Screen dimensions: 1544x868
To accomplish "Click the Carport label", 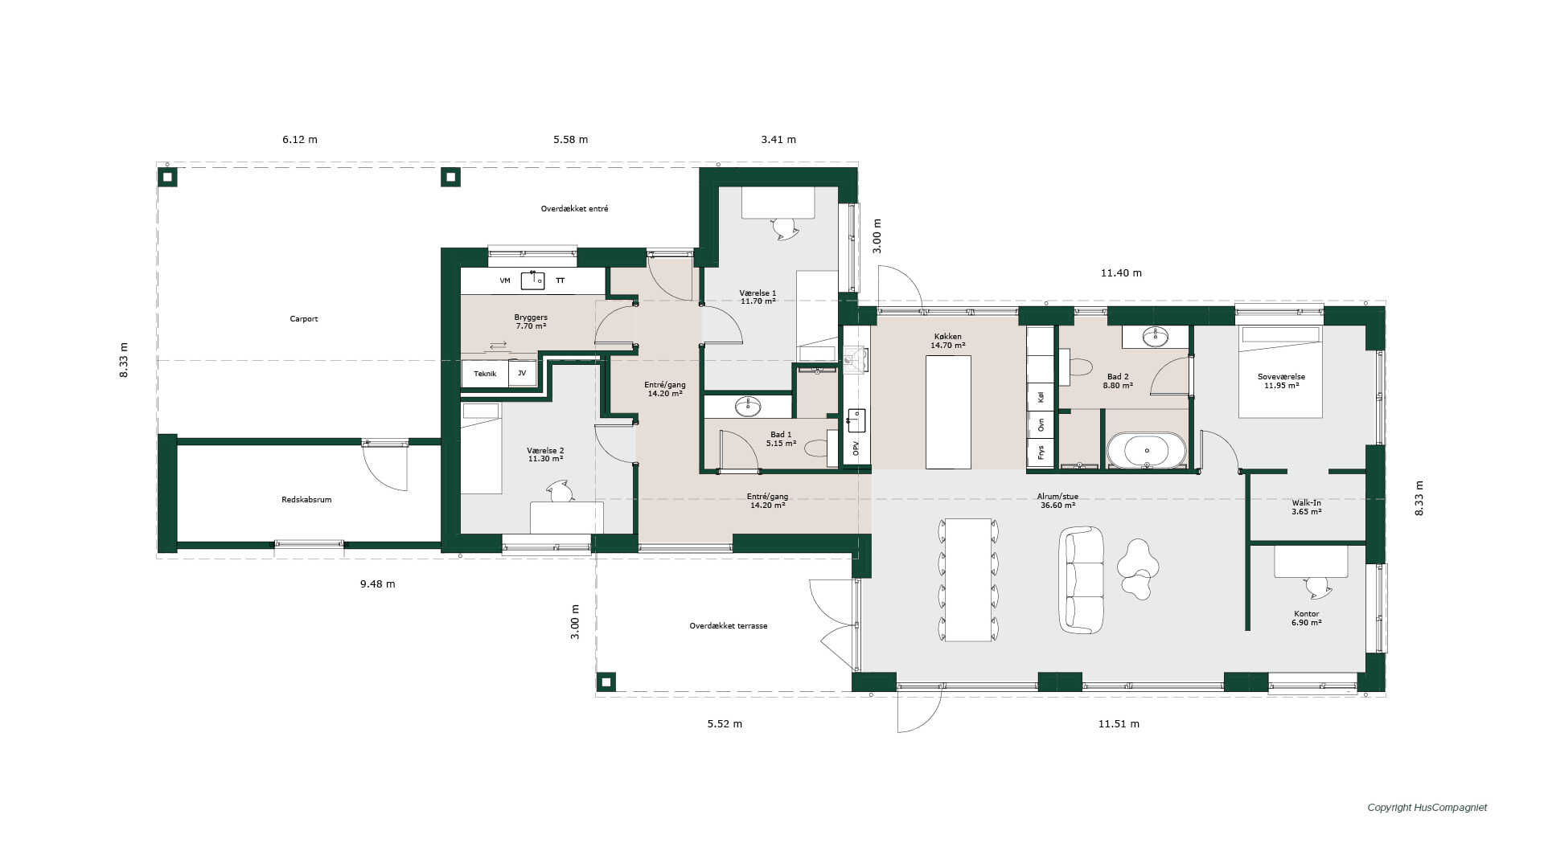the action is [x=304, y=319].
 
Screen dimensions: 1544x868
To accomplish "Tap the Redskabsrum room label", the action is [x=306, y=500].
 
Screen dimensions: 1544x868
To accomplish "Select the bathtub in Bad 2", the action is [x=1147, y=451].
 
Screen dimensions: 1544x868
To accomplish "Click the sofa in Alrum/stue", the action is [x=1082, y=579].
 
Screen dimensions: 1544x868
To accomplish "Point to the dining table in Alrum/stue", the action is [x=968, y=579].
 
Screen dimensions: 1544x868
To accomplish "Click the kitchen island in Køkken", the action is [x=948, y=412].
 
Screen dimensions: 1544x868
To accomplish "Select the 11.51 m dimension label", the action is [x=1119, y=724].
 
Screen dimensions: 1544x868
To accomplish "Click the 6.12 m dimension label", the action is [x=300, y=140].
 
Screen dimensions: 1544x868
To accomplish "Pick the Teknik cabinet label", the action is [x=485, y=374].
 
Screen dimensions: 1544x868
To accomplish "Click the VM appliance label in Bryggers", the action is [x=505, y=280].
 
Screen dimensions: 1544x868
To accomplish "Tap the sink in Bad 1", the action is [x=748, y=407].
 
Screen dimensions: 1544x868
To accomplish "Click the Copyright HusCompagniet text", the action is [x=1427, y=808].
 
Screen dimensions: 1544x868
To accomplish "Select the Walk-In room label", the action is [x=1307, y=503].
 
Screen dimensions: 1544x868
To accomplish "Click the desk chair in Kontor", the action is [x=1318, y=588].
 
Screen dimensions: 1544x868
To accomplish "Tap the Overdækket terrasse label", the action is [x=729, y=626].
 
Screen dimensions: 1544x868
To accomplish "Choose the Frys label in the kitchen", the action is [x=1041, y=452].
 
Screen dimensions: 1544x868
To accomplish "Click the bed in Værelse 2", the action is [x=481, y=448].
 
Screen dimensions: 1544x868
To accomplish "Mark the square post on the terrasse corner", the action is [x=606, y=682].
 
